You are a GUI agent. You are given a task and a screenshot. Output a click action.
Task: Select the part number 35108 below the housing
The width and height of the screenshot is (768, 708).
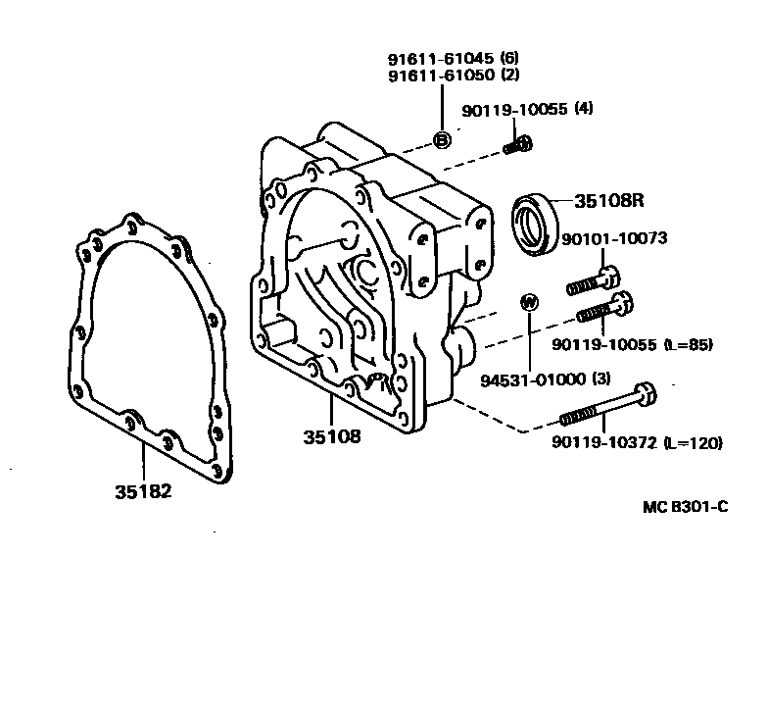[330, 437]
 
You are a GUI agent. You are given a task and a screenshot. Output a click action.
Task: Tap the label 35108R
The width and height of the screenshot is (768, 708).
[607, 202]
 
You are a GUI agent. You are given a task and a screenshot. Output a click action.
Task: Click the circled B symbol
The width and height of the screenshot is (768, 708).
[441, 141]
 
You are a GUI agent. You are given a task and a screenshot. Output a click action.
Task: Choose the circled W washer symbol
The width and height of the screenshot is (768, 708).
[527, 302]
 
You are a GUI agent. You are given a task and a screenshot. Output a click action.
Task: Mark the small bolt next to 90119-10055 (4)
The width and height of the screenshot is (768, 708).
[518, 146]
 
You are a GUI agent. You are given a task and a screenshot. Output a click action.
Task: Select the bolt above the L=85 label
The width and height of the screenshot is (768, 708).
[601, 309]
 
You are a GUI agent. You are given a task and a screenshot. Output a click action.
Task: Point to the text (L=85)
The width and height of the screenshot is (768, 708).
[687, 344]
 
